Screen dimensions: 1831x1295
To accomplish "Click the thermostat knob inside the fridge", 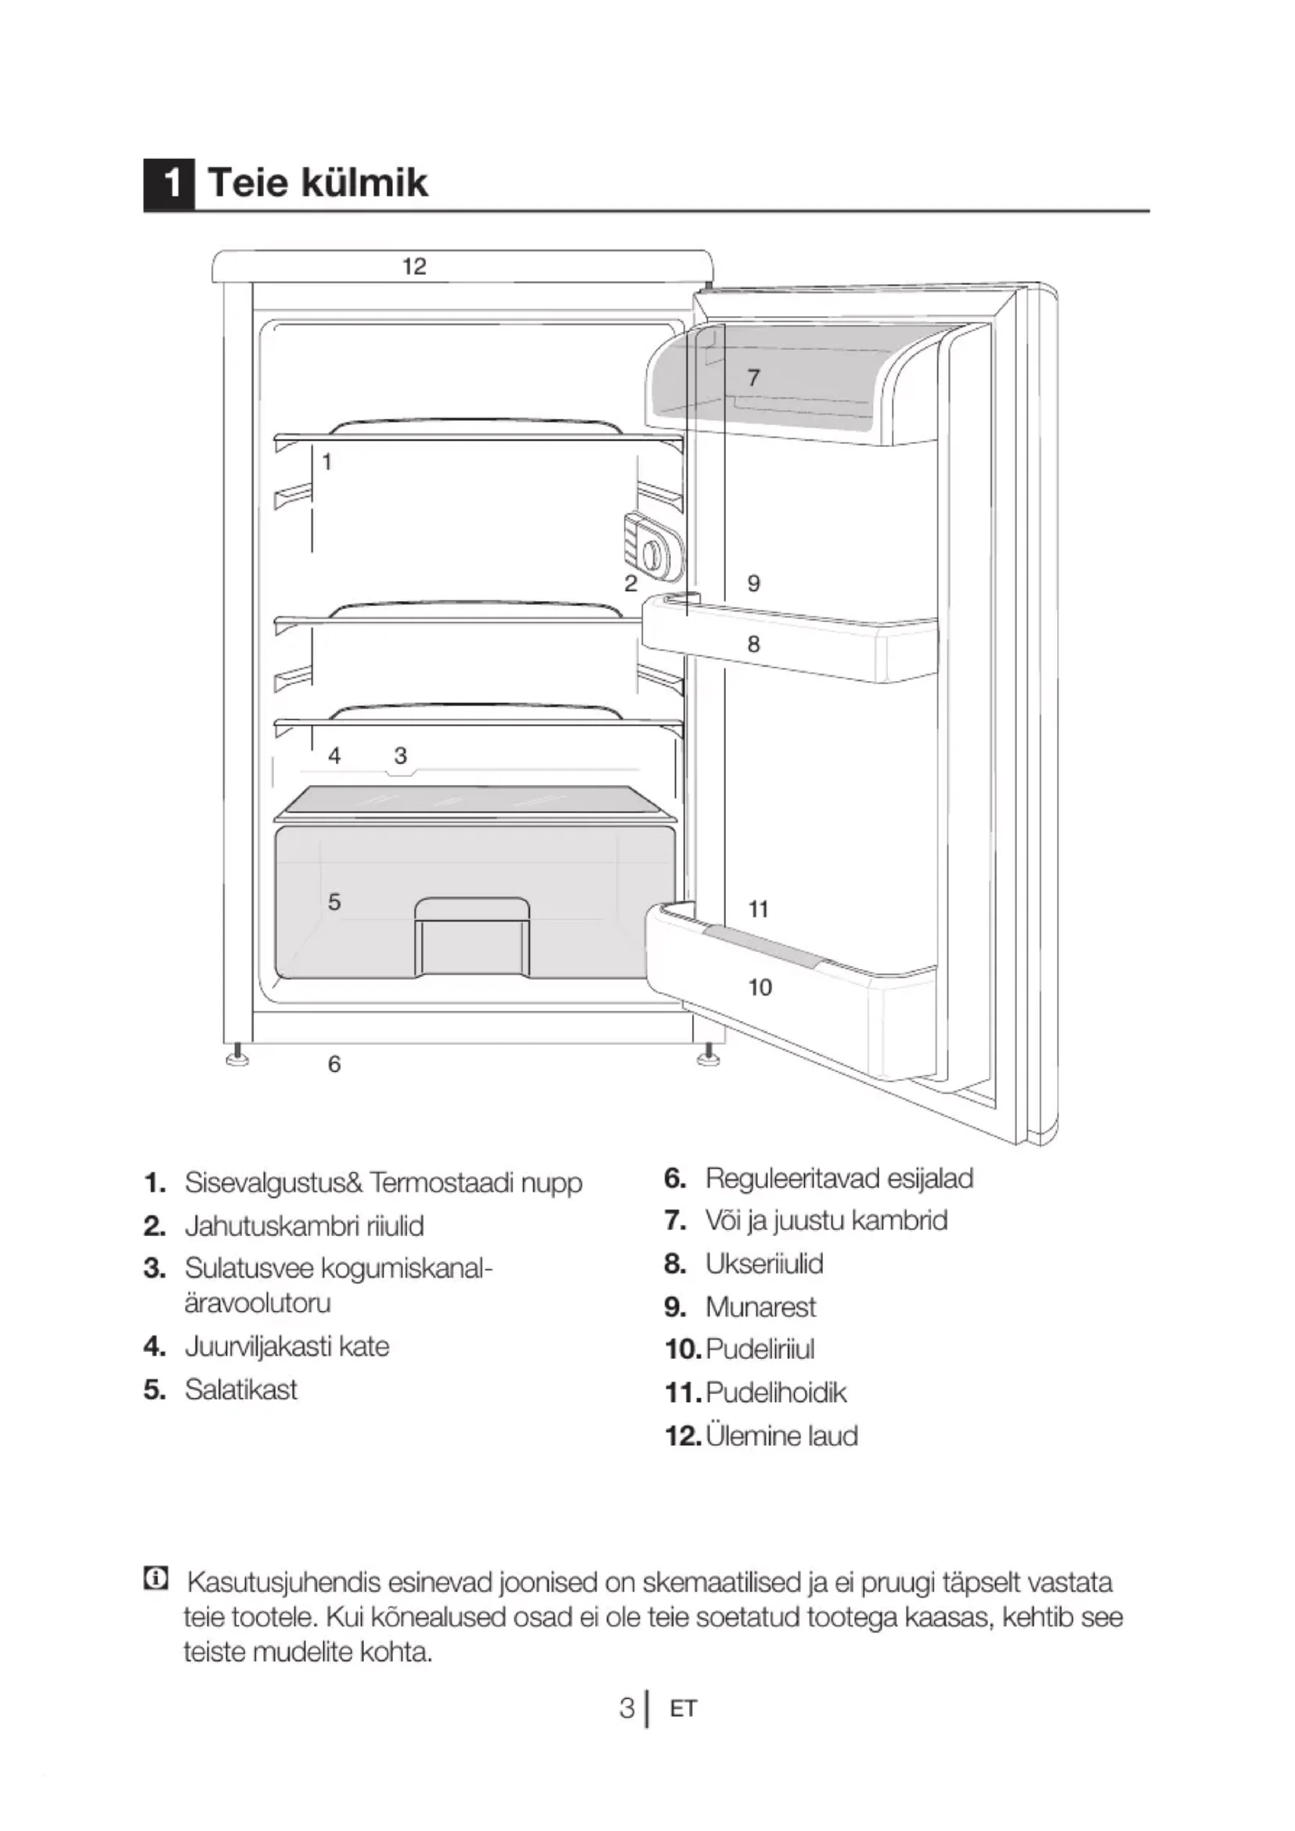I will (652, 553).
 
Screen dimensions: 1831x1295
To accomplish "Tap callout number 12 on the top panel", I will (414, 266).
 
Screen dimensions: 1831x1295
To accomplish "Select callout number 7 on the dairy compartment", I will (753, 377).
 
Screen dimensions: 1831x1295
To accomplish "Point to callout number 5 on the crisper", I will (334, 901).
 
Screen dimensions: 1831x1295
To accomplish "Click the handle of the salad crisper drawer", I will (471, 910).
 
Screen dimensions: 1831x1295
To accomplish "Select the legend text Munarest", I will (760, 1307).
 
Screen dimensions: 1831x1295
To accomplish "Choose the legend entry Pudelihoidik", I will (775, 1393).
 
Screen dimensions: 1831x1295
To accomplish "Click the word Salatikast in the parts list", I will (241, 1389).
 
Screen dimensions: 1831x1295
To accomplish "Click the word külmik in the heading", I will (363, 182).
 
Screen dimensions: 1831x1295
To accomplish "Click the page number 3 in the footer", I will (627, 1708).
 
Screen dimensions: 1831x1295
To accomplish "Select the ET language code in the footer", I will (683, 1709).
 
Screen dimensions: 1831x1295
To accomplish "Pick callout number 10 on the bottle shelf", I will (760, 987).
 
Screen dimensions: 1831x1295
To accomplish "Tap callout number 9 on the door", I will (753, 583).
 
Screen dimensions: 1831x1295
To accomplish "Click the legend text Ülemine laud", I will (781, 1436).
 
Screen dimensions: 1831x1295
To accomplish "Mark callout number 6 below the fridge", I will (334, 1064).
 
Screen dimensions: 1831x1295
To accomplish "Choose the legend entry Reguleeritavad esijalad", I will (839, 1178).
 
